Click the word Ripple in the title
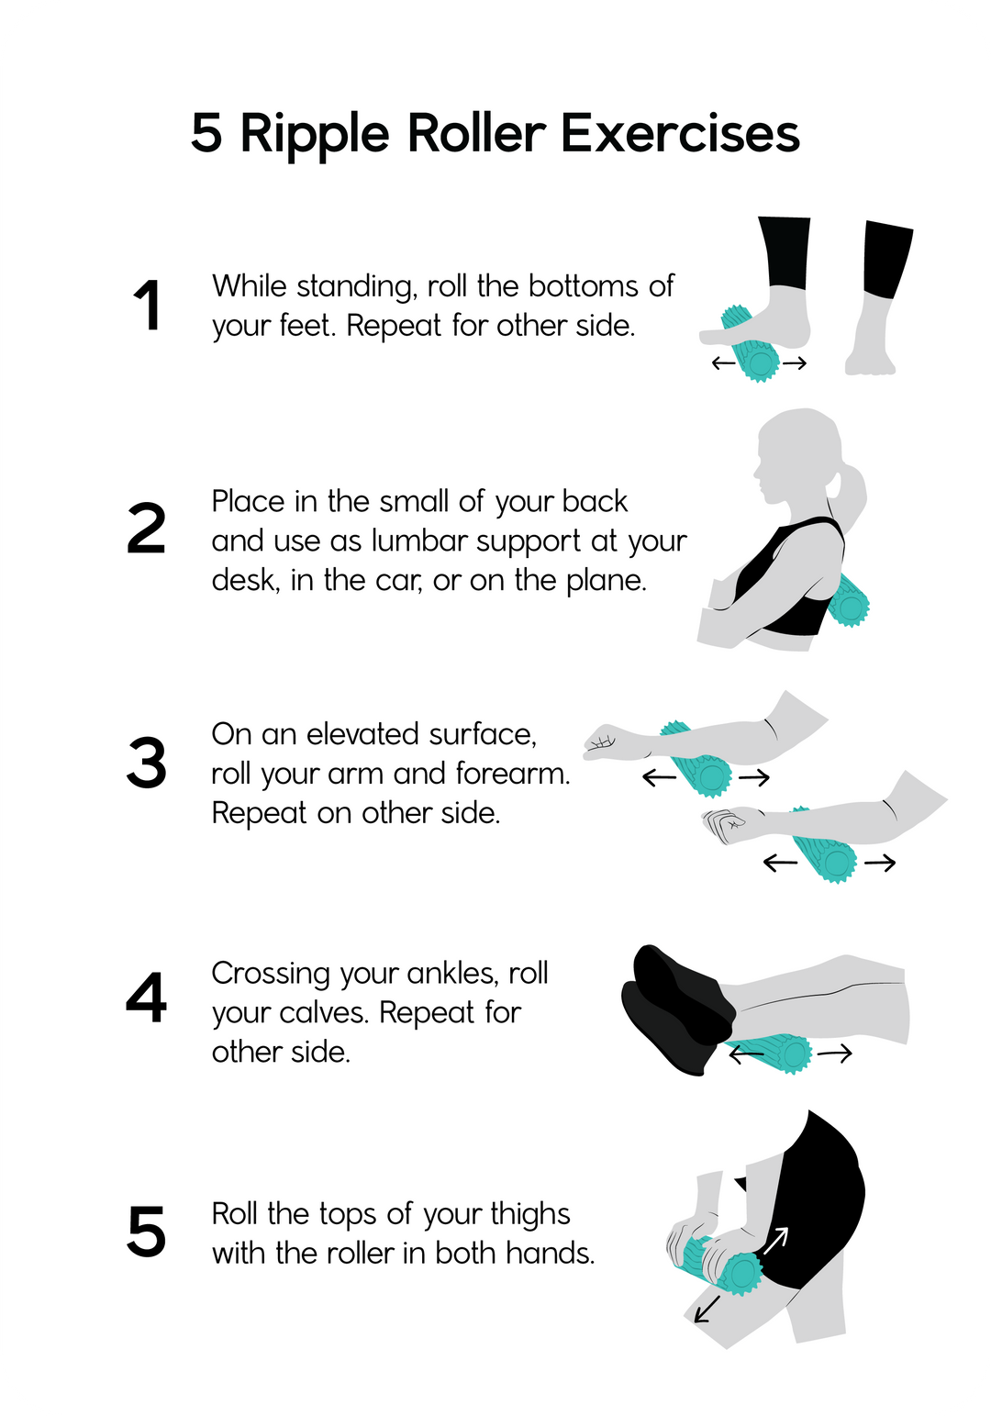[x=314, y=136]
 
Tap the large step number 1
[x=147, y=305]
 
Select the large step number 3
[x=147, y=763]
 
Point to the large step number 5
[x=147, y=1230]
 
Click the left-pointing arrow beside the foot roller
[x=723, y=362]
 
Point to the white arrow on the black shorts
[x=775, y=1241]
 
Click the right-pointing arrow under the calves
[x=834, y=1054]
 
